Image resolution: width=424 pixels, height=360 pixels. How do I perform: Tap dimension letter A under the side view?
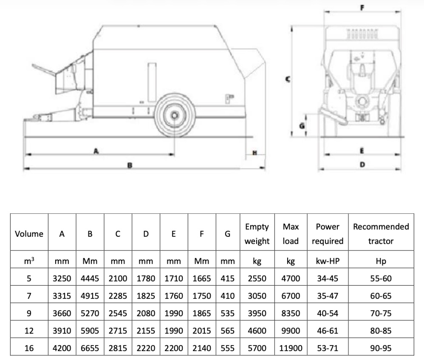[96, 150]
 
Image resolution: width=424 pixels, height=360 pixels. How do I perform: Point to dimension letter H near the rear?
[255, 153]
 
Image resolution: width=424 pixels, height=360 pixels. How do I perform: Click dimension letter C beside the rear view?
[288, 79]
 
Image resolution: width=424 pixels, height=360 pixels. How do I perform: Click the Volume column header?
[29, 234]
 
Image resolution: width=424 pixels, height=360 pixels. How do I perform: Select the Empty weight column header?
[257, 234]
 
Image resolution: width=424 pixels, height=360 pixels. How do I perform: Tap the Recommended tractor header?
[381, 234]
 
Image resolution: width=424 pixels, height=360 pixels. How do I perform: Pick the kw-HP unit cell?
[327, 261]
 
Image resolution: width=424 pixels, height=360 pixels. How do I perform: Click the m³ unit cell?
[29, 261]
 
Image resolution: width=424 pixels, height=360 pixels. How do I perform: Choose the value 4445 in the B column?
[90, 279]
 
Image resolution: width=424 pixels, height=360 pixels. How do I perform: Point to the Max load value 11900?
[291, 348]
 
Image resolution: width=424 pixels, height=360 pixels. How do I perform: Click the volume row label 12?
[29, 331]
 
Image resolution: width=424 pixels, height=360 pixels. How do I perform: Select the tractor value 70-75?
[381, 313]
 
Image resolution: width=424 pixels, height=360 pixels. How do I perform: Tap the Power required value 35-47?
[327, 296]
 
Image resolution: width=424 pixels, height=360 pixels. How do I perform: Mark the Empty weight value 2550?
[257, 279]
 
